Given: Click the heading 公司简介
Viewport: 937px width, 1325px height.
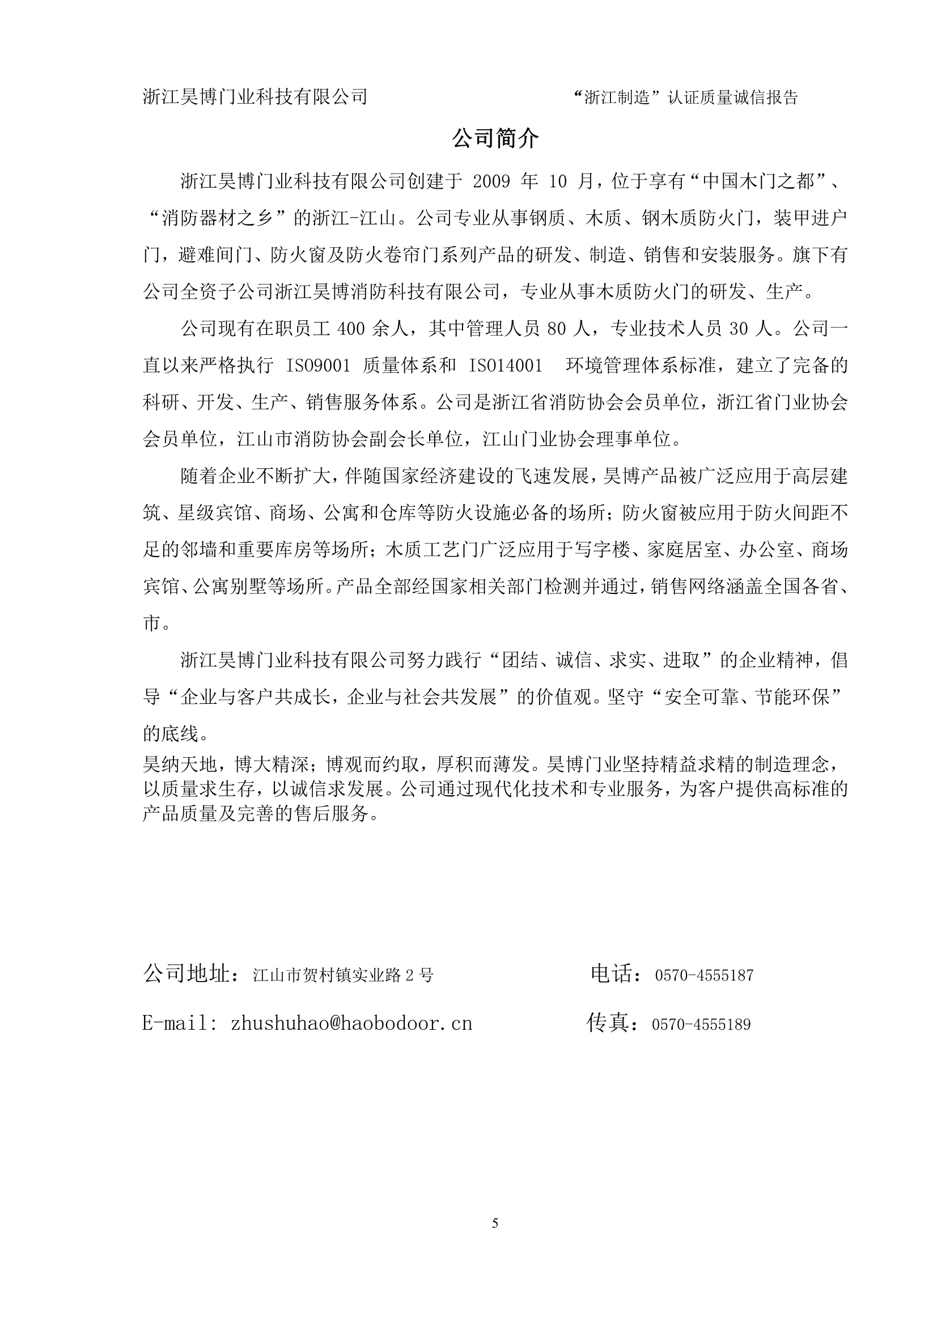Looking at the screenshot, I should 495,139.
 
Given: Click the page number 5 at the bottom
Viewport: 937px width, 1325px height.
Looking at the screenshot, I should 495,1223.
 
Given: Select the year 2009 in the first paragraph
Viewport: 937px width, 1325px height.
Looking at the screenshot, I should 491,182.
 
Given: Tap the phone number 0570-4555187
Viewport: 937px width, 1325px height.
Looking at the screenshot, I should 704,976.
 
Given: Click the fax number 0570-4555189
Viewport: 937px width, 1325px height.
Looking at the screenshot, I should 701,1025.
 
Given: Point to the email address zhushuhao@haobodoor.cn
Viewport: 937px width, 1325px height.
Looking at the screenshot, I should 351,1024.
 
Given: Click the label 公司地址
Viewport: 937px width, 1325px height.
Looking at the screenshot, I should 188,974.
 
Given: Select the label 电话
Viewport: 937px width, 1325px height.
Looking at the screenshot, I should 612,974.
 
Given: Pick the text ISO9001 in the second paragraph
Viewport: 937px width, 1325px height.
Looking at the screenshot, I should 319,366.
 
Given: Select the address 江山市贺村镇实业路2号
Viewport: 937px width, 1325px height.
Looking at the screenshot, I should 343,976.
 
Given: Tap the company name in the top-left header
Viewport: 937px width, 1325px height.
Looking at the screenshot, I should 255,96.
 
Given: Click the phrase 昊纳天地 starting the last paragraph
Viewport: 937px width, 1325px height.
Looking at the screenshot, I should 180,765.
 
